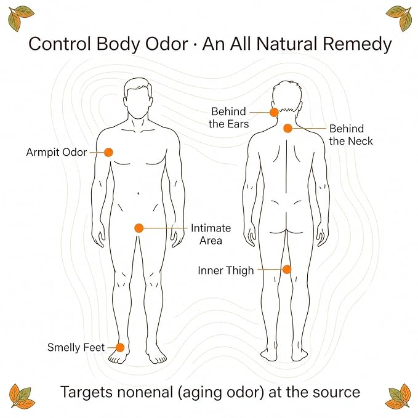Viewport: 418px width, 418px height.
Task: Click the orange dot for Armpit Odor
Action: tap(108, 153)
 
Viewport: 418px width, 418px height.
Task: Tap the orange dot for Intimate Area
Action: tap(139, 228)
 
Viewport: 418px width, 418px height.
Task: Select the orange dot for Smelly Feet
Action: tap(120, 348)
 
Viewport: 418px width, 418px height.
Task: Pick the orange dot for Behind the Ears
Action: tap(274, 113)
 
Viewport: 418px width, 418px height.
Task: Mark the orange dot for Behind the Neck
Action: tap(287, 129)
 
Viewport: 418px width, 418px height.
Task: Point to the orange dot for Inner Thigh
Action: tap(287, 270)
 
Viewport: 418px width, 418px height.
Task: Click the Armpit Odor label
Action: tap(57, 153)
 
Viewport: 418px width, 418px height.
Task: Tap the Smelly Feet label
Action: tap(76, 348)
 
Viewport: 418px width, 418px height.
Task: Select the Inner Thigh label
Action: tap(226, 271)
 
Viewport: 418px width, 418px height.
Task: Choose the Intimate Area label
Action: tap(211, 235)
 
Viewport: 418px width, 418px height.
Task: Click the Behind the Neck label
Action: tap(351, 135)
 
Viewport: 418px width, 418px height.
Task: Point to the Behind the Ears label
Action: tap(229, 118)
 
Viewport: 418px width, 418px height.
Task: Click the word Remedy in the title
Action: tap(358, 44)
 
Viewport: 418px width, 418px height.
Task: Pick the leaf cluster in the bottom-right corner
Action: tap(398, 396)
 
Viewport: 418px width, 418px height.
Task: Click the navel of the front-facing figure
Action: tap(138, 193)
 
